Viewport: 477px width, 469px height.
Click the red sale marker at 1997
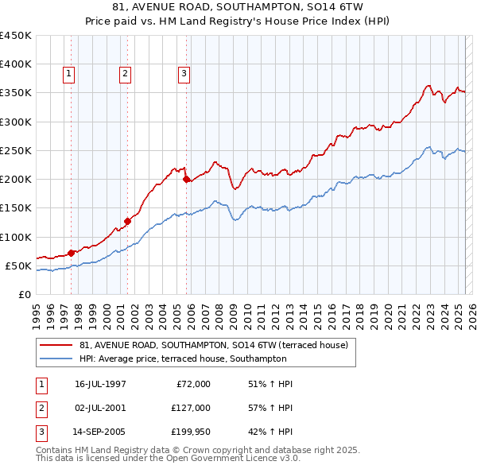71,253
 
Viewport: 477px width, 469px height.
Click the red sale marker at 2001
127,221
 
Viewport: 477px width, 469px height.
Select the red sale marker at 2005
187,180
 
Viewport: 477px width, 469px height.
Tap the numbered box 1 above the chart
69,75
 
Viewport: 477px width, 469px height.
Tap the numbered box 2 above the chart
126,75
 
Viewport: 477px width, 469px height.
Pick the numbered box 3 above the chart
184,75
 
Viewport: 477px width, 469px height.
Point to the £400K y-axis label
16,64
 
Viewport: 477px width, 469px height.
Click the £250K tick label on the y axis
16,150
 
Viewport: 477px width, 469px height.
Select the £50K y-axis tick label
19,266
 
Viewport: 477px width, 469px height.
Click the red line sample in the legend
56,346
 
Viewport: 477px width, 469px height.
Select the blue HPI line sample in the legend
56,359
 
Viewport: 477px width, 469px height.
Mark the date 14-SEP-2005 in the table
99,432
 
